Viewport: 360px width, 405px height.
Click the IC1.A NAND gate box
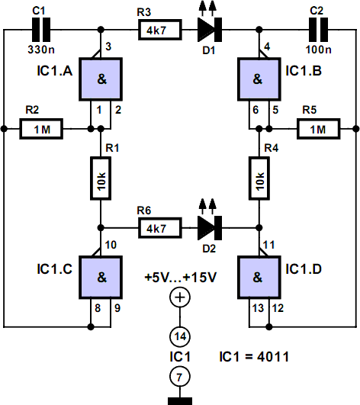[x=101, y=79]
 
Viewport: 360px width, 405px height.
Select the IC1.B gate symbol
[x=259, y=79]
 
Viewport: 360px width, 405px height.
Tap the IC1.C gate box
[x=101, y=278]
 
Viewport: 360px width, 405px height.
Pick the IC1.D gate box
[x=259, y=278]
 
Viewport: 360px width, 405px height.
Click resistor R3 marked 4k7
[x=160, y=30]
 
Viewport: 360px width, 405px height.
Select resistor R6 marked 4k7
[x=160, y=228]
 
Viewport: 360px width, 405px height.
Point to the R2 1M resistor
[x=41, y=129]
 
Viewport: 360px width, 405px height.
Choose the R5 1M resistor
[x=318, y=129]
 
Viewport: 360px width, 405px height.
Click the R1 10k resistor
[x=101, y=178]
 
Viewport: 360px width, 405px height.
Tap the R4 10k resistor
[x=259, y=178]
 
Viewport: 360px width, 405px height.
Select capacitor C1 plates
[x=41, y=30]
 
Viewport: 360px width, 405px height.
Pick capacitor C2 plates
[x=319, y=30]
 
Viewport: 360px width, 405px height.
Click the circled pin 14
[x=180, y=337]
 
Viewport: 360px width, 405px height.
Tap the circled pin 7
[x=180, y=377]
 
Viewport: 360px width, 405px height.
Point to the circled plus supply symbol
[x=180, y=297]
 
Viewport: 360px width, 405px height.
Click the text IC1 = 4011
[x=254, y=357]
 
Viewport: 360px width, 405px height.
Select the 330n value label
[x=41, y=50]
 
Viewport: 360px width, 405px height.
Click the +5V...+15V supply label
[x=181, y=278]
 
